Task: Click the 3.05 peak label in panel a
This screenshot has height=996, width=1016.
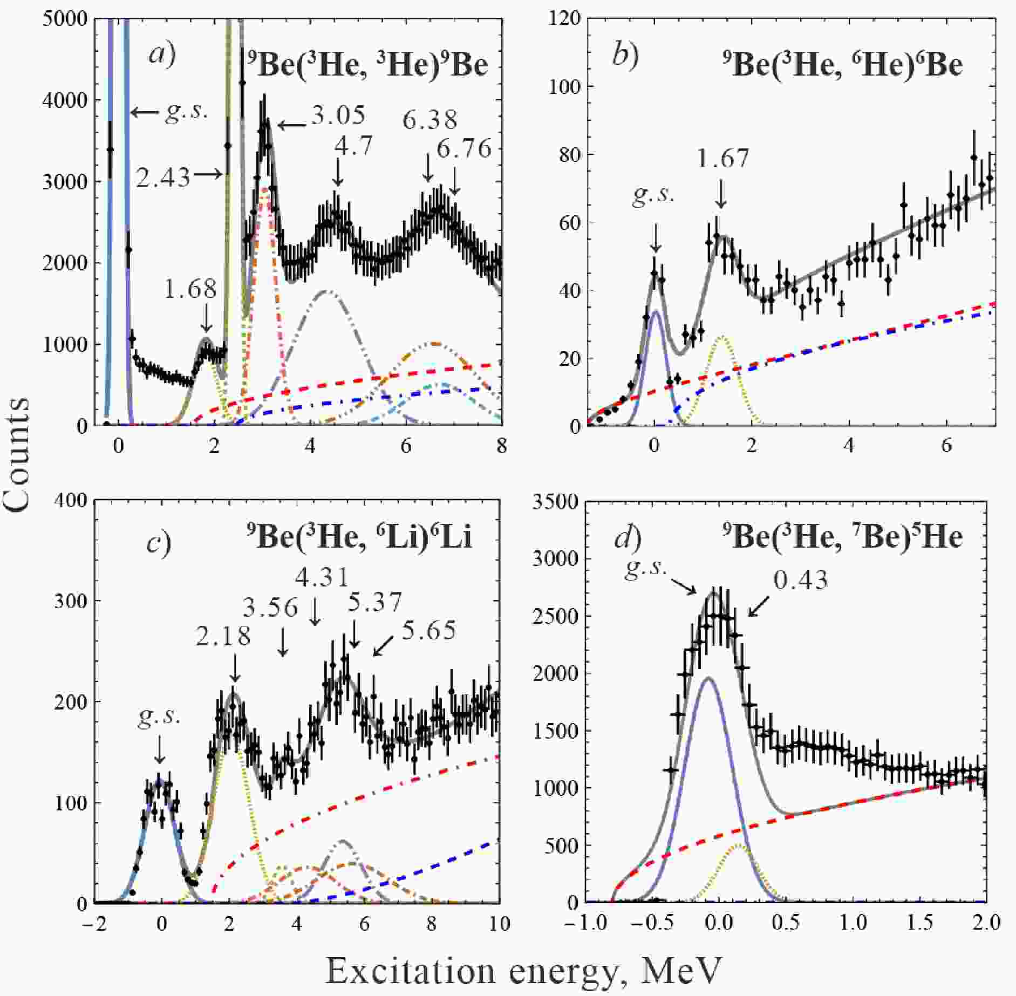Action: click(x=338, y=115)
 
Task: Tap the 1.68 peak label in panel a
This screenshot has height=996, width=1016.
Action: click(x=190, y=290)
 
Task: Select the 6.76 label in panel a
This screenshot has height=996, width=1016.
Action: click(x=464, y=149)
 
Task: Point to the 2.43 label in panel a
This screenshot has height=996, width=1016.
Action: click(x=163, y=178)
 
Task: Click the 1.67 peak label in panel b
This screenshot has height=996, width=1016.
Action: click(x=723, y=159)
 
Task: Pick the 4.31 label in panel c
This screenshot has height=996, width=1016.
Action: click(x=322, y=577)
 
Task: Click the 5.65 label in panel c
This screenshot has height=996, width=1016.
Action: click(x=429, y=630)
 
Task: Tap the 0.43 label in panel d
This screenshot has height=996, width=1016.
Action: click(x=801, y=581)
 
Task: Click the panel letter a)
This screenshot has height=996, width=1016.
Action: click(x=162, y=54)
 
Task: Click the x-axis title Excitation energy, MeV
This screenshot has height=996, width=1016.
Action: click(x=523, y=971)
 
